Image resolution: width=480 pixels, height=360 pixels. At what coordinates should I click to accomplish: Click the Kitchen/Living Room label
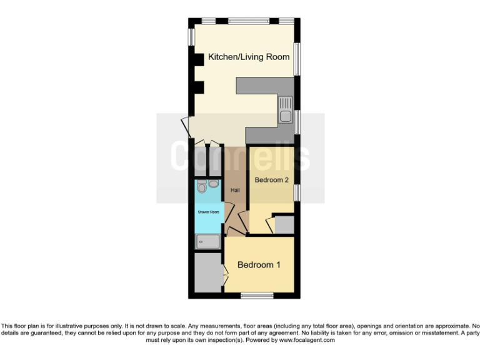pyautogui.click(x=249, y=57)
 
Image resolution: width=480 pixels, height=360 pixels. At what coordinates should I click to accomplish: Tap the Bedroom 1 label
pyautogui.click(x=259, y=265)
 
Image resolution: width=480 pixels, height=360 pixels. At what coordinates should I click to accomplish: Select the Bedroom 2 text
pyautogui.click(x=271, y=180)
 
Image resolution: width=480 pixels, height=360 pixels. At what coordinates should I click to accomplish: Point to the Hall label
pyautogui.click(x=235, y=190)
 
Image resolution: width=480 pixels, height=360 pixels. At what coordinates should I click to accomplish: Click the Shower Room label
pyautogui.click(x=208, y=212)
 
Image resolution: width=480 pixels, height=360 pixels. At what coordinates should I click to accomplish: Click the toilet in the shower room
pyautogui.click(x=201, y=186)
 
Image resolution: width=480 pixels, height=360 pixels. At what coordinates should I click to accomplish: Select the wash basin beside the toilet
pyautogui.click(x=214, y=184)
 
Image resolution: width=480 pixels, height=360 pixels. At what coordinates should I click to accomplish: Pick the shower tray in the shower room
pyautogui.click(x=208, y=239)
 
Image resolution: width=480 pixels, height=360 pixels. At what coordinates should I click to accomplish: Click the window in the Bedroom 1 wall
pyautogui.click(x=257, y=295)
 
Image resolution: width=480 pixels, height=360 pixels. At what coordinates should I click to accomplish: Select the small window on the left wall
pyautogui.click(x=191, y=35)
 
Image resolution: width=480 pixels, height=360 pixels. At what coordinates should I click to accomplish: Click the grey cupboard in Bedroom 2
pyautogui.click(x=284, y=224)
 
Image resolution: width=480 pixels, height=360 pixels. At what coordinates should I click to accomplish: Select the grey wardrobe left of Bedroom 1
pyautogui.click(x=207, y=272)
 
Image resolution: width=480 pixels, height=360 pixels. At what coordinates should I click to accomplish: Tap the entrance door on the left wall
pyautogui.click(x=186, y=127)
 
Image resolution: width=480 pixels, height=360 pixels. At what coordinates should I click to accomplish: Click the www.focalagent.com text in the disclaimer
pyautogui.click(x=303, y=341)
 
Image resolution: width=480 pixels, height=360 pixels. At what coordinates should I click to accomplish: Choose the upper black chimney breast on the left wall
pyautogui.click(x=198, y=59)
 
